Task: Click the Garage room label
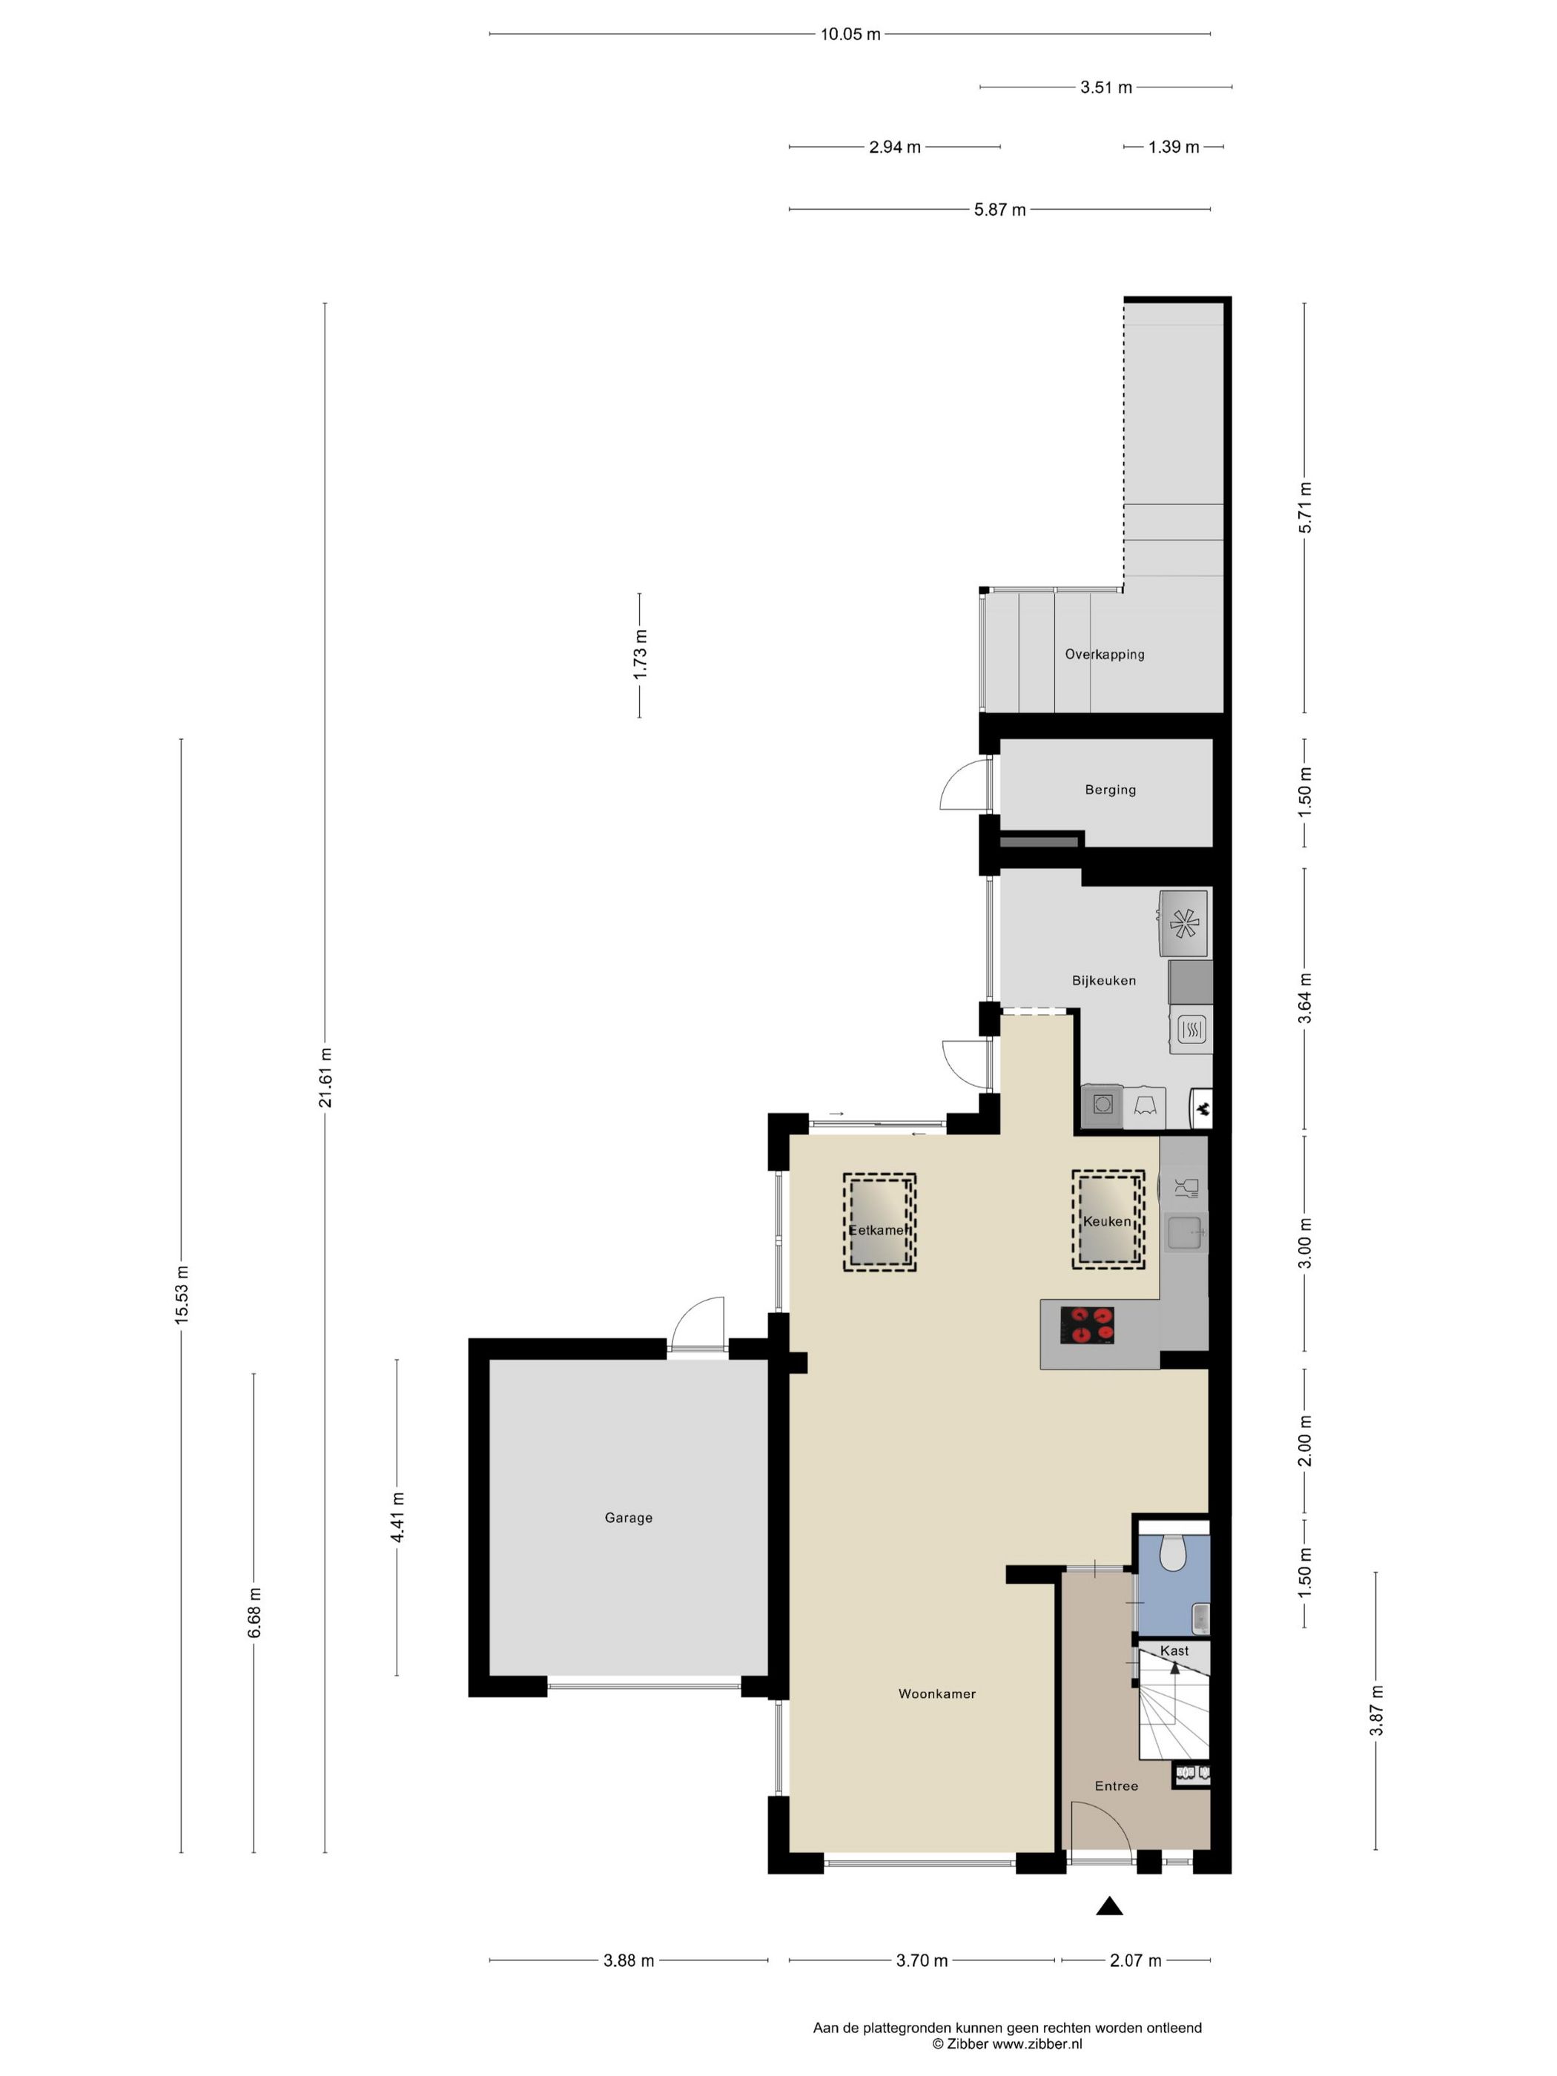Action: coord(628,1518)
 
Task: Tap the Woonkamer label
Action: coord(936,1694)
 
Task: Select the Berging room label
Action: coord(1110,790)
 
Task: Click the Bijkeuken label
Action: coord(1104,981)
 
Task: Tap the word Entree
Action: coord(1116,1786)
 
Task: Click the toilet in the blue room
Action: coord(1172,1554)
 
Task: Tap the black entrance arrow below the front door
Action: coord(1109,1906)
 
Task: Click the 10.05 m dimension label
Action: coord(850,35)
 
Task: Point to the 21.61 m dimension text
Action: coord(325,1077)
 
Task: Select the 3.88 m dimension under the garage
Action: coord(629,1960)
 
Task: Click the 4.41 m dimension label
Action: coord(397,1518)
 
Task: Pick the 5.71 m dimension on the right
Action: coord(1304,508)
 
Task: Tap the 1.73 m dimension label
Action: coord(640,654)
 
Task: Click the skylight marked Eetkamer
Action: coord(879,1223)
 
